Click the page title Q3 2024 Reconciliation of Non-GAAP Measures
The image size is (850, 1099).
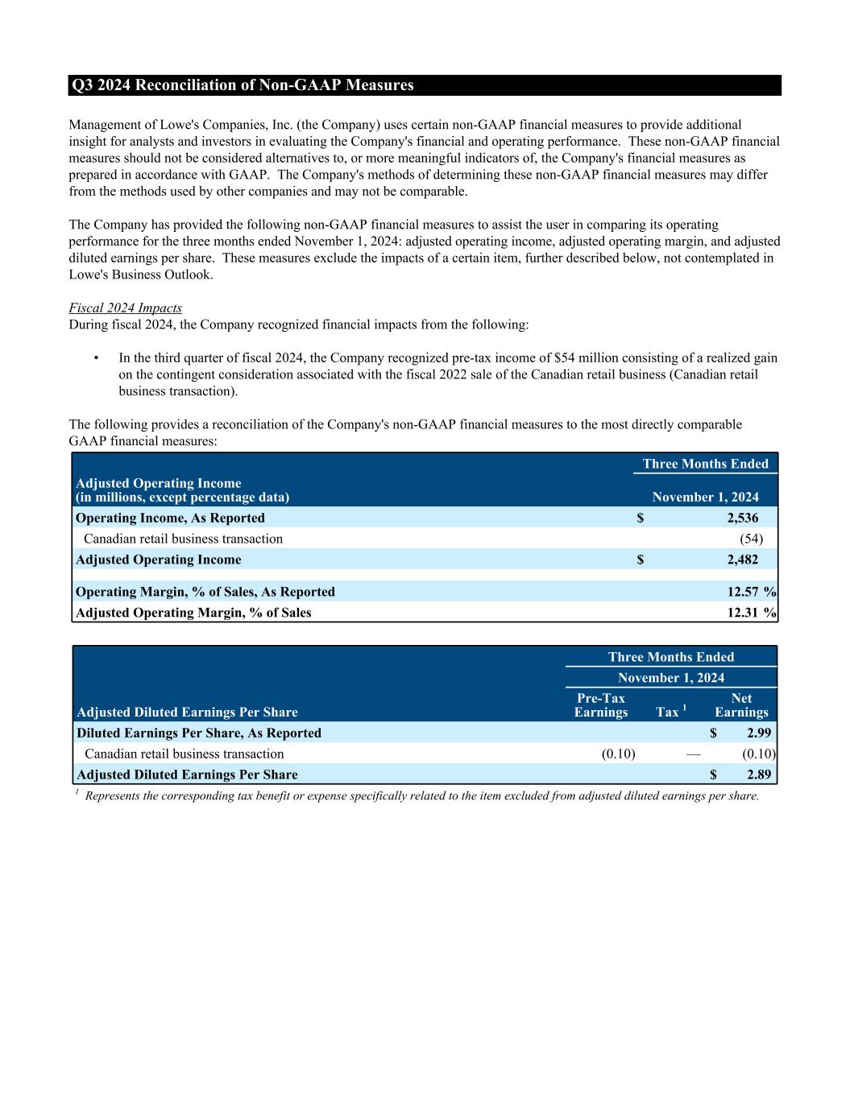click(243, 85)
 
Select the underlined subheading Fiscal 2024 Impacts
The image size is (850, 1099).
click(125, 308)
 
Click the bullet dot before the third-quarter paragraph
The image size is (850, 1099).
click(97, 358)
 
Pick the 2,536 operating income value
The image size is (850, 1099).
click(742, 518)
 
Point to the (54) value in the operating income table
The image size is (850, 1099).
click(751, 539)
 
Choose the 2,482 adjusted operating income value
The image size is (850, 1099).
click(742, 560)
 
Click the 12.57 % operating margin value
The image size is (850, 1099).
click(751, 592)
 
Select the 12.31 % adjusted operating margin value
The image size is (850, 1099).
click(751, 613)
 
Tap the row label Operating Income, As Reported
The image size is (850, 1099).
click(170, 518)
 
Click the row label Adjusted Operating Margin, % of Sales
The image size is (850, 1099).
click(193, 613)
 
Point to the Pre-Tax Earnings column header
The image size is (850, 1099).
click(601, 705)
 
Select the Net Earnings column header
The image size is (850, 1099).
click(741, 705)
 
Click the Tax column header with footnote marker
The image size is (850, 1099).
click(670, 712)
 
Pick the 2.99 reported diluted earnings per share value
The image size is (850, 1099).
click(759, 733)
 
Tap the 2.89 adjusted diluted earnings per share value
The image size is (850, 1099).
click(759, 775)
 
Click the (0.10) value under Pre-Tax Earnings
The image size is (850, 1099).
click(618, 754)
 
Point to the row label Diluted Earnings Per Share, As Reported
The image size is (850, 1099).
click(199, 733)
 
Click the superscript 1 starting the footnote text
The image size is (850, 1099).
click(77, 793)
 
